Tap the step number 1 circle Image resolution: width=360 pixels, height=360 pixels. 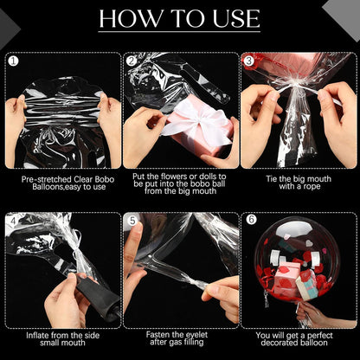[12, 61]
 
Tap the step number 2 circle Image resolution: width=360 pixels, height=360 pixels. [132, 61]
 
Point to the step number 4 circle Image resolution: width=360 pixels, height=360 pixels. [12, 220]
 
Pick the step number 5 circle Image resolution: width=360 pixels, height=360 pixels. [132, 220]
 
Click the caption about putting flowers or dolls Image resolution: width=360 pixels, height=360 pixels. [180, 187]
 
